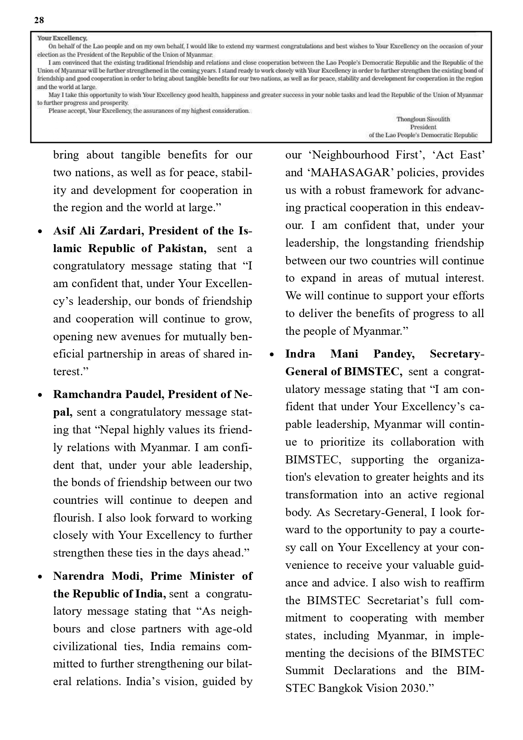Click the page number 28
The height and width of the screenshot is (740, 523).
(x=39, y=20)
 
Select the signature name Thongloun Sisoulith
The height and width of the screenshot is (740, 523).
(x=423, y=119)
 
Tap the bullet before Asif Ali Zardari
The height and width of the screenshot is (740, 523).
(x=40, y=231)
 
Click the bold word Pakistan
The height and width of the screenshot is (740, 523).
(x=182, y=248)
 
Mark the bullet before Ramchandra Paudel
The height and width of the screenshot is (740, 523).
(x=40, y=395)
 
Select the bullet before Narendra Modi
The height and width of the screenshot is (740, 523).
(x=40, y=577)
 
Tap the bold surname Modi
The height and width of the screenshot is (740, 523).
(x=130, y=576)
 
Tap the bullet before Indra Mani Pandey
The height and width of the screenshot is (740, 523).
(x=272, y=355)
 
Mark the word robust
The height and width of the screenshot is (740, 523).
(x=350, y=190)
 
